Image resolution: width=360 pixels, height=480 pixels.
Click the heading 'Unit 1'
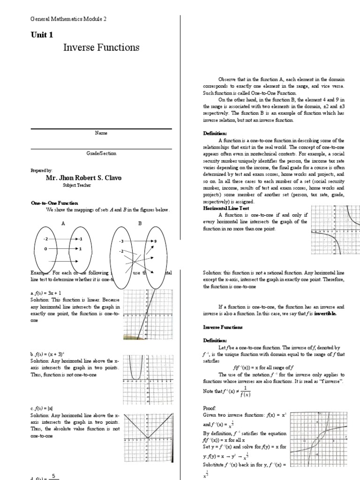42,35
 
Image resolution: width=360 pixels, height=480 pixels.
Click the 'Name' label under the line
101,133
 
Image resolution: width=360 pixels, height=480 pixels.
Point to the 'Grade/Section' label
101,153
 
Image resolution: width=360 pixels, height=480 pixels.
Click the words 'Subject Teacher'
76,186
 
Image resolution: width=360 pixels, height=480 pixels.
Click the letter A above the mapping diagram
63,224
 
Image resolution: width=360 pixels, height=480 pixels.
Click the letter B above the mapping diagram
140,224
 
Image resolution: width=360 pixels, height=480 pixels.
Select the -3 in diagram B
121,241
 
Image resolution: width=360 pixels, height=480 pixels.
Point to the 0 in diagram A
46,249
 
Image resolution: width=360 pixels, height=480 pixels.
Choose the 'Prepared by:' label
41,171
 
